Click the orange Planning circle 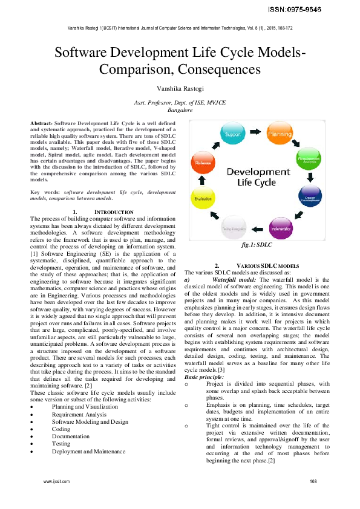(280, 134)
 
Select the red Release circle (203, 163)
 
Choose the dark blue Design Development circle (310, 197)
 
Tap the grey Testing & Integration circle (233, 229)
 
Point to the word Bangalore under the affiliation (180, 111)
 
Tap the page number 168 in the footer (313, 481)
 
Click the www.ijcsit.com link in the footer (56, 481)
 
